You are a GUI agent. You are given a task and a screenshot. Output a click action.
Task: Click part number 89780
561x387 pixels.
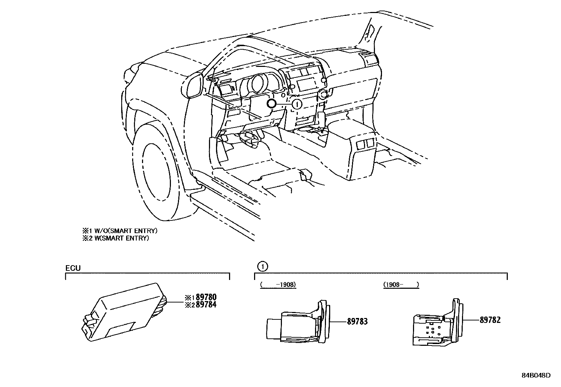coord(206,298)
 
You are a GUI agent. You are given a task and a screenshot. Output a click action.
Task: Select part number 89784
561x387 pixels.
coord(206,305)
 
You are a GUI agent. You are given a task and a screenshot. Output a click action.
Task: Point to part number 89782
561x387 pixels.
coord(490,320)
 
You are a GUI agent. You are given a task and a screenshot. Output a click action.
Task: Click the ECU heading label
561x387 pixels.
coord(73,268)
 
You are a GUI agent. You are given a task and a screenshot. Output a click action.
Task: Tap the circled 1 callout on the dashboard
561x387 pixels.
coord(297,104)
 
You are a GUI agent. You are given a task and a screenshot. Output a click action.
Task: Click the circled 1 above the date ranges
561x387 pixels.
coord(263,267)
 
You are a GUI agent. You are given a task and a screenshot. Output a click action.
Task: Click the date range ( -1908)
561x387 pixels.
coord(278,285)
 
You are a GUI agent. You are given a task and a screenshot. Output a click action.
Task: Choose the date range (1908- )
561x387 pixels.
coord(401,285)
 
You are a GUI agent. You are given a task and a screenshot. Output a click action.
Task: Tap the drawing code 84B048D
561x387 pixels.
coord(536,375)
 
